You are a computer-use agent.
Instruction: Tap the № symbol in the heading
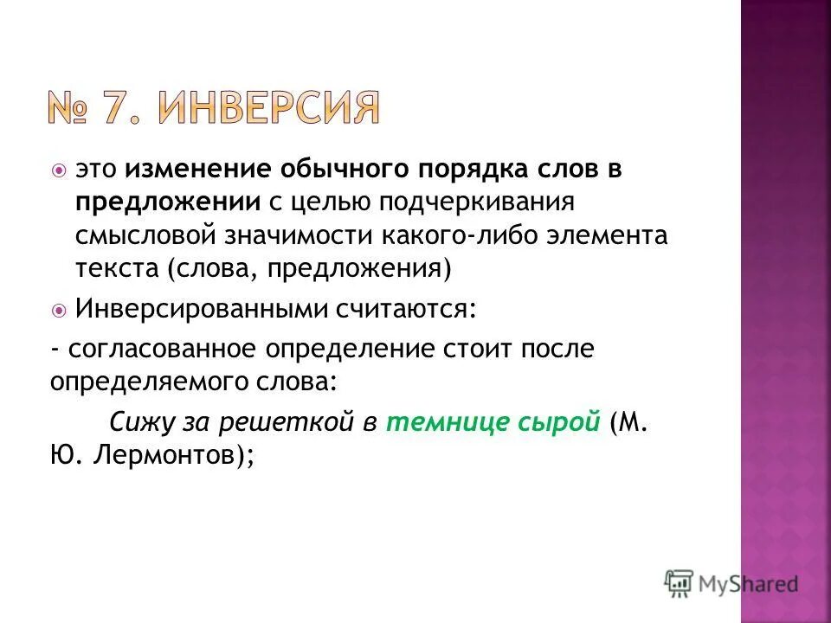pos(68,110)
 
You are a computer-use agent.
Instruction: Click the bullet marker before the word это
pos(58,170)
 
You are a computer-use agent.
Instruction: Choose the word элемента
pos(605,236)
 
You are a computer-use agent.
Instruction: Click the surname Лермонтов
pos(163,456)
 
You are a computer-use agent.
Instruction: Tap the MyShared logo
pos(731,582)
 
